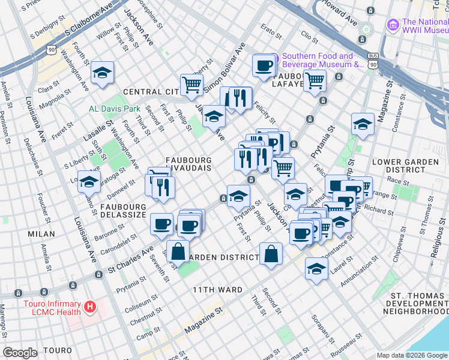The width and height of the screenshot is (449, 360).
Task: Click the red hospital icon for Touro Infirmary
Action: (90, 307)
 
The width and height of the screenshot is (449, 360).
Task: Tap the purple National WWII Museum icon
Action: (393, 25)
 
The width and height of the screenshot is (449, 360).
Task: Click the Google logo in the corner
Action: (20, 353)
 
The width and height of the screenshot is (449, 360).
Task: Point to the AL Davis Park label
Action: (114, 109)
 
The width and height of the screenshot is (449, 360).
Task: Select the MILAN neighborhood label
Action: (40, 234)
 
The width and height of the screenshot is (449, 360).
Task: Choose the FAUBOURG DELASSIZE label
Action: (123, 210)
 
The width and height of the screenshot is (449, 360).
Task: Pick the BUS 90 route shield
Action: (373, 60)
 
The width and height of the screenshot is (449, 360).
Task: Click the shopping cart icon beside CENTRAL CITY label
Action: (191, 85)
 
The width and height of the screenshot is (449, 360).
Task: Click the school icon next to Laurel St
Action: (316, 269)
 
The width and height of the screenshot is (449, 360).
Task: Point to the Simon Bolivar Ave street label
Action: (225, 67)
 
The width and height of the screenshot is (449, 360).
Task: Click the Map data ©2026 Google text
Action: (411, 355)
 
